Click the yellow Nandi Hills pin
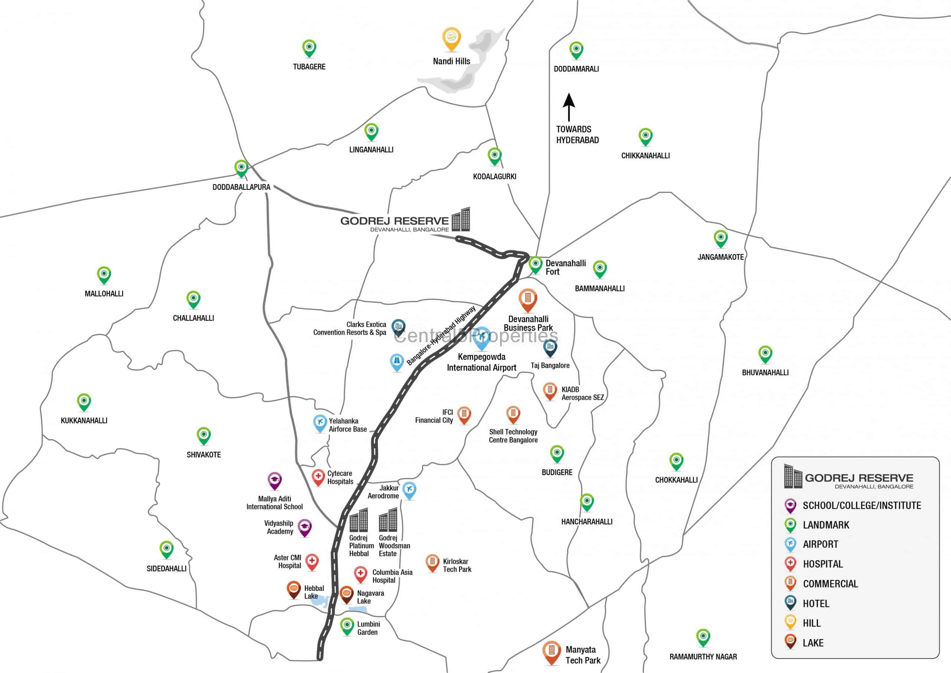click(x=451, y=38)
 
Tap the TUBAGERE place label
click(x=309, y=67)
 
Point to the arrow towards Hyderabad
click(x=569, y=107)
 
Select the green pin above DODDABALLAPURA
click(x=241, y=168)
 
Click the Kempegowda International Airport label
click(x=481, y=362)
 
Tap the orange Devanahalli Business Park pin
click(x=528, y=299)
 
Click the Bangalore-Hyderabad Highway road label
click(x=442, y=336)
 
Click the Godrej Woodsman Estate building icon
click(x=388, y=520)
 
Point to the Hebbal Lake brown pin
click(x=294, y=589)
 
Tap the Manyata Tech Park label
click(x=583, y=655)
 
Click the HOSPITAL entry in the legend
click(x=822, y=564)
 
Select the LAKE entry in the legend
click(x=813, y=643)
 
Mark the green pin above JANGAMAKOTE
click(x=721, y=238)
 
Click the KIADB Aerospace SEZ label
click(x=582, y=393)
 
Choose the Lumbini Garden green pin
click(x=347, y=626)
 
